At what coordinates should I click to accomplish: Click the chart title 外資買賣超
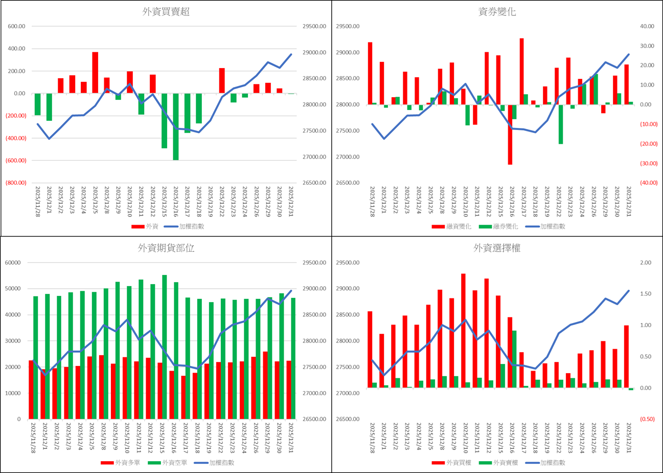click(x=166, y=12)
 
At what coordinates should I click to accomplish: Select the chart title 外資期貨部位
click(x=166, y=248)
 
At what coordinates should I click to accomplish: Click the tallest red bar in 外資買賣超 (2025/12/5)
click(x=95, y=72)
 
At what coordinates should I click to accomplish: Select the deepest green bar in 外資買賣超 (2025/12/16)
click(x=176, y=126)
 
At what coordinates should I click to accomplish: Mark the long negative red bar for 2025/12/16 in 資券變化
click(x=510, y=134)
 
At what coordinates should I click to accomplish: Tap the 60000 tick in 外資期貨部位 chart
click(x=13, y=263)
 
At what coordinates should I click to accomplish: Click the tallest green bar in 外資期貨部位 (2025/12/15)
click(x=164, y=347)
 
